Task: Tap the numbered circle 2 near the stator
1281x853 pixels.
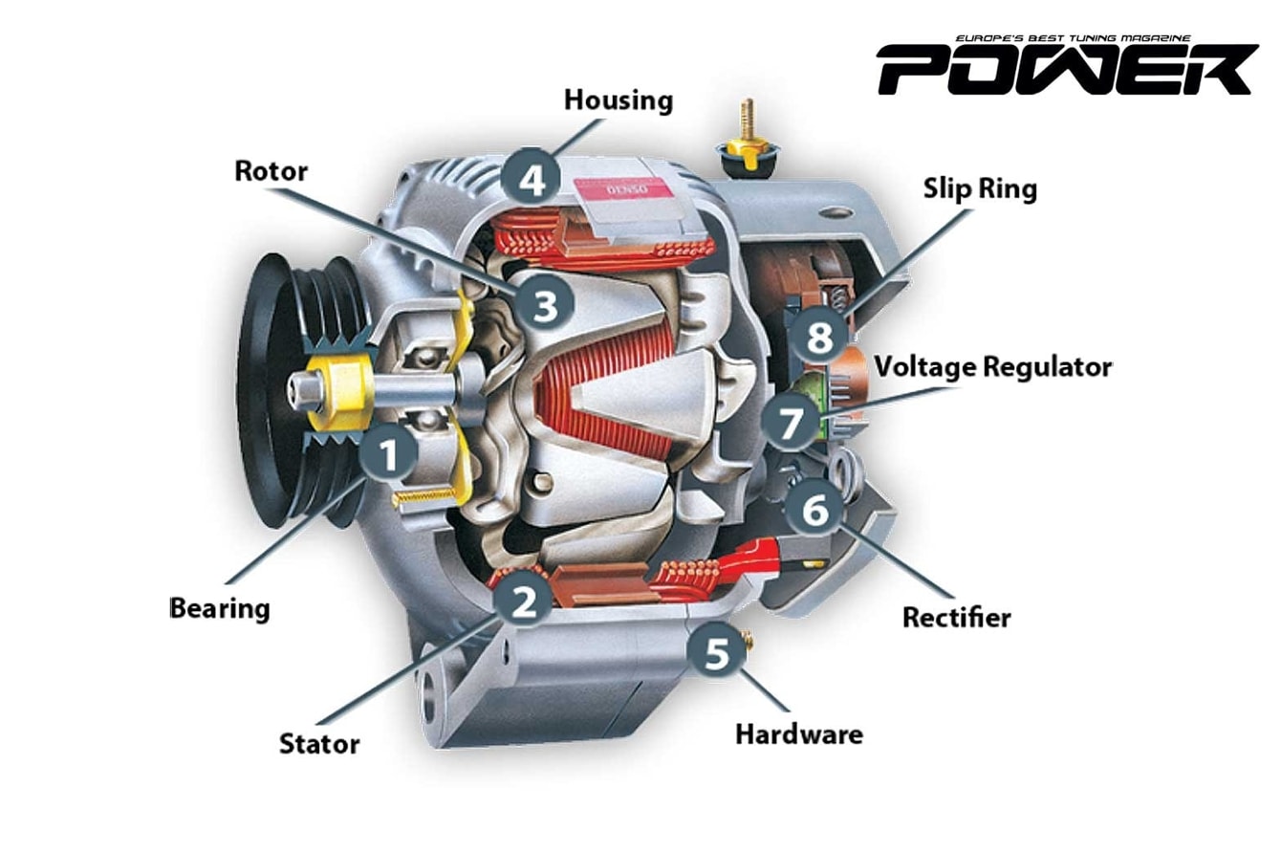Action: (523, 599)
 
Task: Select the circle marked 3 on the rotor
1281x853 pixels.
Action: (545, 304)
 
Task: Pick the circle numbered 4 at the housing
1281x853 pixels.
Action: (532, 176)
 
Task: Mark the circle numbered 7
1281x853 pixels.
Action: (790, 422)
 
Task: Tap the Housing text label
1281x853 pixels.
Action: (619, 100)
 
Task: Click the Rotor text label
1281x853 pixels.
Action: (271, 171)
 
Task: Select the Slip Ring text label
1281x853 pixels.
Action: (980, 188)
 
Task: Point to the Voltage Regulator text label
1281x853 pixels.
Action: (993, 366)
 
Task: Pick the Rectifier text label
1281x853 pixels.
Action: (956, 617)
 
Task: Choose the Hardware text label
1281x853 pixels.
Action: (798, 733)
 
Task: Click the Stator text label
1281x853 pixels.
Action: (319, 742)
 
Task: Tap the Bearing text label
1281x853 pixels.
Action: (220, 607)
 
